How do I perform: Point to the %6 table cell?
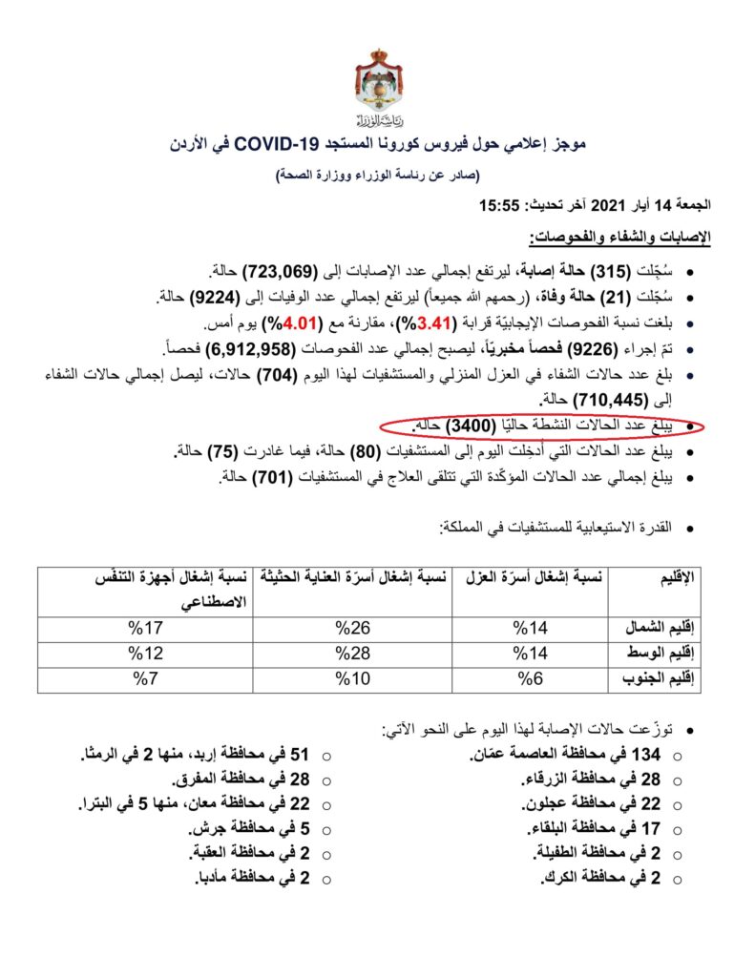point(528,679)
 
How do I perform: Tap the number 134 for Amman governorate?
point(649,756)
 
